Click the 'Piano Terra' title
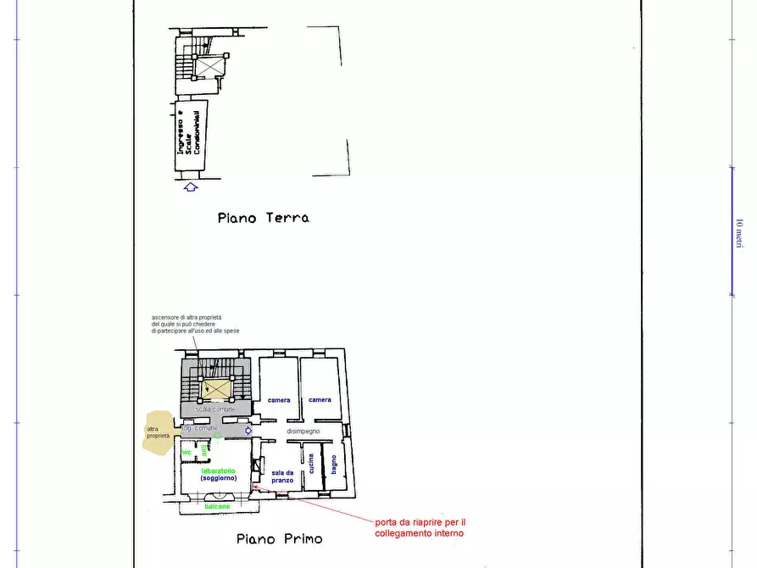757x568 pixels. pyautogui.click(x=263, y=218)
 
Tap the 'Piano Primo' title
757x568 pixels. pyautogui.click(x=279, y=538)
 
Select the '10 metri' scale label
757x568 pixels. pyautogui.click(x=739, y=231)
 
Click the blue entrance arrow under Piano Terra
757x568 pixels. pyautogui.click(x=190, y=187)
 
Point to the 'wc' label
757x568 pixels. pyautogui.click(x=186, y=452)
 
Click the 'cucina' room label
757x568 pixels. pyautogui.click(x=312, y=464)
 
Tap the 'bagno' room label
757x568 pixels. pyautogui.click(x=334, y=465)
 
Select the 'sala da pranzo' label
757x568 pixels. pyautogui.click(x=282, y=476)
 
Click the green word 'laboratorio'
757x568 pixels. pyautogui.click(x=219, y=470)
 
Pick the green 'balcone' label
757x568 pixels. pyautogui.click(x=218, y=506)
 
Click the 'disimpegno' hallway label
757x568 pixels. pyautogui.click(x=303, y=431)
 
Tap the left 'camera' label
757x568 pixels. pyautogui.click(x=279, y=400)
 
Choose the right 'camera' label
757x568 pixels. pyautogui.click(x=320, y=400)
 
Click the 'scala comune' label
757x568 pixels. pyautogui.click(x=215, y=409)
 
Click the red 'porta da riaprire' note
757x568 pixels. pyautogui.click(x=419, y=527)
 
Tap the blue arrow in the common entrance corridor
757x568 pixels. pyautogui.click(x=248, y=431)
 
